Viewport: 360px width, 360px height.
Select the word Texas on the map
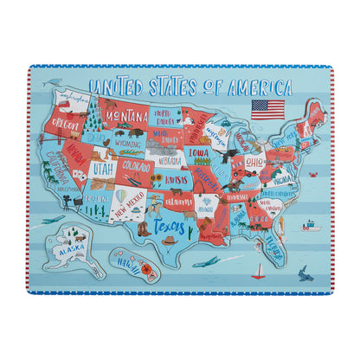pyautogui.click(x=170, y=227)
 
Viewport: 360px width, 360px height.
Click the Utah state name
pyautogui.click(x=104, y=168)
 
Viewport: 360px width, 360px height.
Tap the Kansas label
pyautogui.click(x=176, y=179)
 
